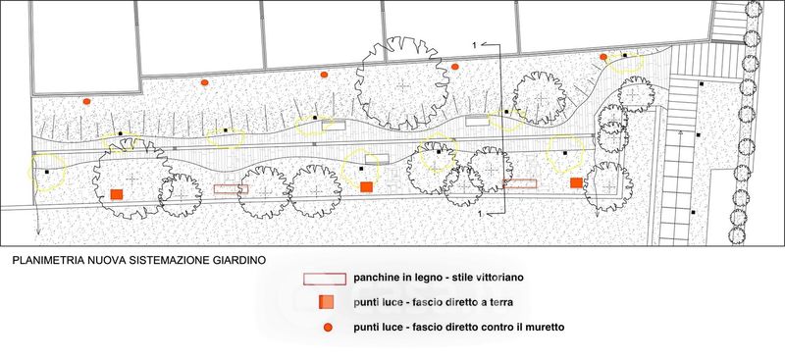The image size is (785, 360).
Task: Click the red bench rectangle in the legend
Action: click(x=325, y=279)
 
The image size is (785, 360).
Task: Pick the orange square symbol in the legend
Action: click(x=326, y=302)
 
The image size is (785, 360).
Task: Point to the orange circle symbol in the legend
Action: click(x=328, y=328)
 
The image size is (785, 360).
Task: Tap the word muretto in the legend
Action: click(x=549, y=328)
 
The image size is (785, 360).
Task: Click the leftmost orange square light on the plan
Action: click(x=117, y=194)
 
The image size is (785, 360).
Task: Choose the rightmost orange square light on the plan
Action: click(x=576, y=182)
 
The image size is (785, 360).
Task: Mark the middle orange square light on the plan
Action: click(x=366, y=186)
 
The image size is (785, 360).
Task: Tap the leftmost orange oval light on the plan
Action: click(x=86, y=101)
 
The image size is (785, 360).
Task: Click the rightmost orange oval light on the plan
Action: click(x=603, y=57)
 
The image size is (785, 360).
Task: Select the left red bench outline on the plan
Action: click(x=231, y=188)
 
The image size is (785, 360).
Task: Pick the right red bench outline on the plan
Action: click(x=520, y=183)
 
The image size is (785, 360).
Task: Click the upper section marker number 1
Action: click(x=474, y=45)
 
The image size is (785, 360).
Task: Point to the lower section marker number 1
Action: click(x=481, y=214)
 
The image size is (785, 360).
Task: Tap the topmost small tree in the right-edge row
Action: click(x=754, y=9)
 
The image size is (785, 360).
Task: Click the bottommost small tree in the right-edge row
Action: click(x=737, y=234)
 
